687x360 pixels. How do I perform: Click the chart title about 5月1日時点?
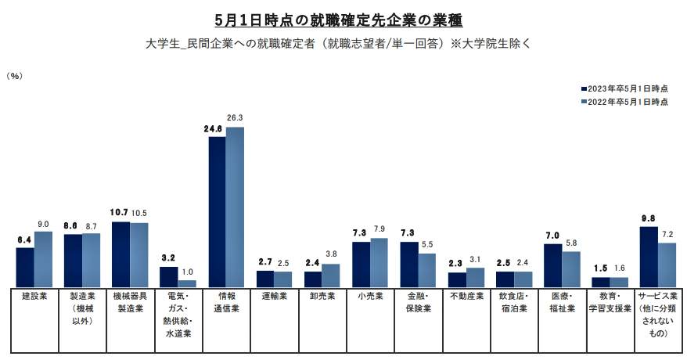(x=343, y=17)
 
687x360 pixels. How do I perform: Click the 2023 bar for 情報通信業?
(x=216, y=211)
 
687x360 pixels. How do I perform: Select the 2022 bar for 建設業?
(x=43, y=259)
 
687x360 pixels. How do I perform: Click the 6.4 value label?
(x=24, y=239)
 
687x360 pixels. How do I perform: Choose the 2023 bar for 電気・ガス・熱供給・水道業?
(x=168, y=277)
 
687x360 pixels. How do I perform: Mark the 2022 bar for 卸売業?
(x=331, y=275)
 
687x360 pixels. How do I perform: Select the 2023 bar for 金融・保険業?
(x=408, y=264)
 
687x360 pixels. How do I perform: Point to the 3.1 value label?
(x=475, y=260)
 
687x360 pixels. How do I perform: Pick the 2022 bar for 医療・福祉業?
(x=571, y=268)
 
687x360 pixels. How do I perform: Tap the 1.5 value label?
(x=600, y=269)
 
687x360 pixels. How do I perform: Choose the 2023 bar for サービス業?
(x=649, y=257)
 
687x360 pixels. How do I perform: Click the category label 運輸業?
(x=274, y=297)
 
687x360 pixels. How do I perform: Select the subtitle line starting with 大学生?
(x=343, y=42)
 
